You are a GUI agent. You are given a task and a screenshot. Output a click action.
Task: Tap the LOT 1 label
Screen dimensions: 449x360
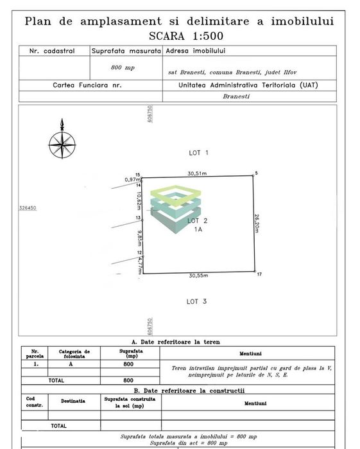199,153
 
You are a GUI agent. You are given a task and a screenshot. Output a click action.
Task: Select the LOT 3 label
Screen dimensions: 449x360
196,301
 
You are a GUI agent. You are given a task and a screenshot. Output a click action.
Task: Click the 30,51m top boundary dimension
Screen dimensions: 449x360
197,173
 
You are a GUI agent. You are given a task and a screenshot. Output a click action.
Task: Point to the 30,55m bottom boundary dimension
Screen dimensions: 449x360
198,276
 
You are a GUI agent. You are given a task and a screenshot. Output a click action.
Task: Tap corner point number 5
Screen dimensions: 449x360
255,173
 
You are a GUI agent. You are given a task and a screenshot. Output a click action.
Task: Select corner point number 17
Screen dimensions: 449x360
259,274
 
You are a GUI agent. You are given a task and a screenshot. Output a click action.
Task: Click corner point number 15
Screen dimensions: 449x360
137,175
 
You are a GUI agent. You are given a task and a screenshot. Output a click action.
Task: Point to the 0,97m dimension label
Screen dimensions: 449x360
133,180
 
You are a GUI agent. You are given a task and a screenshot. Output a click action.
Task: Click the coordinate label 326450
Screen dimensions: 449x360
28,208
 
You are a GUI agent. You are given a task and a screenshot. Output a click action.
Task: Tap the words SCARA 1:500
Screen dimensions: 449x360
179,35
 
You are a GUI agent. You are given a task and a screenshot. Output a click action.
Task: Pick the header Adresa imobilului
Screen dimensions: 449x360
191,50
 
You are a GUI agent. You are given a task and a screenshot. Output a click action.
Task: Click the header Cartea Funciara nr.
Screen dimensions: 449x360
87,85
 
